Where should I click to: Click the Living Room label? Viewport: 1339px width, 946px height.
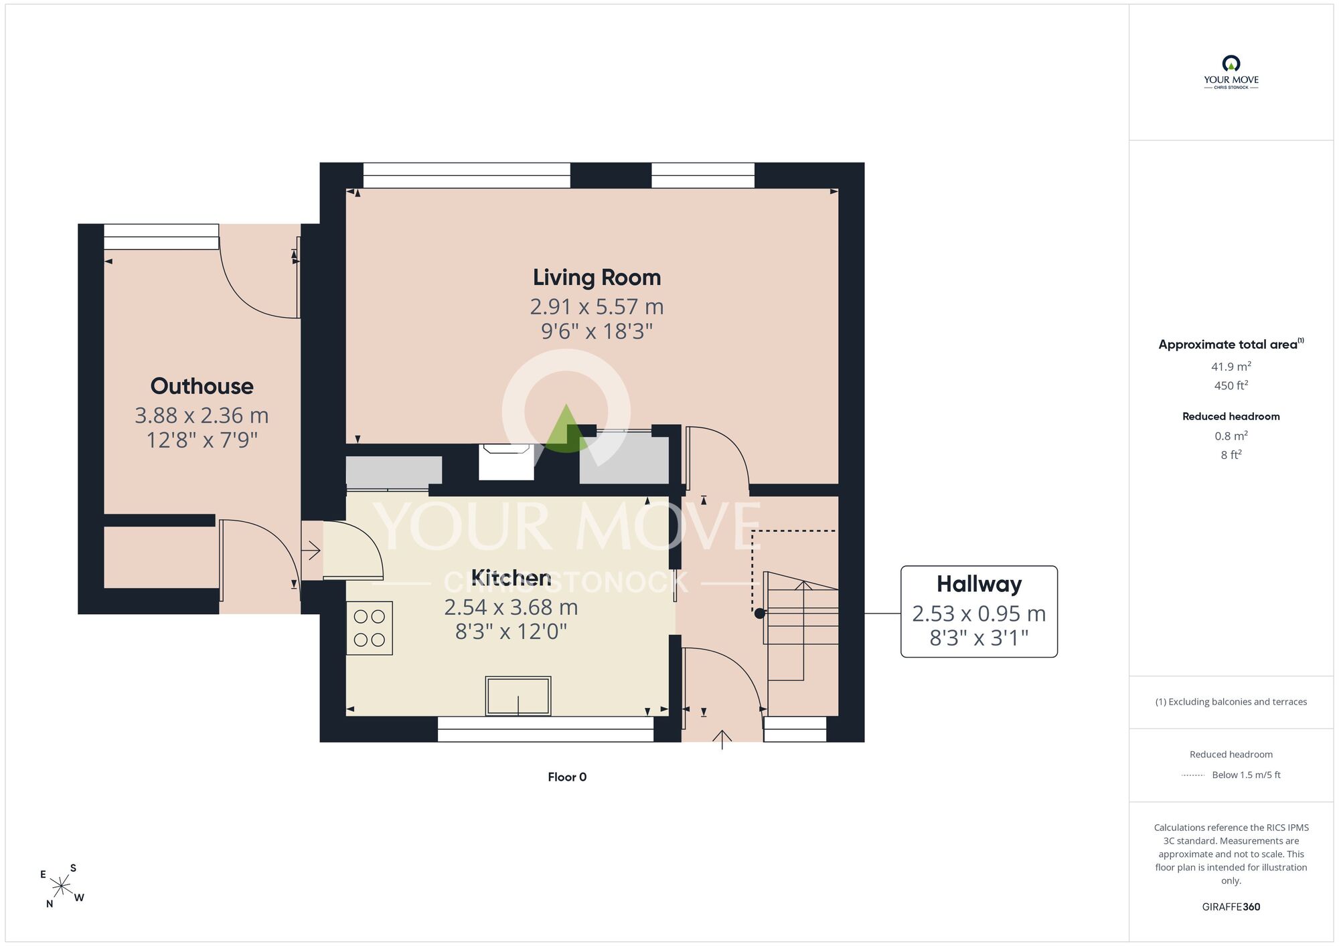[x=597, y=278]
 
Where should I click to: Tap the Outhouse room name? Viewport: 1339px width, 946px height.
[x=202, y=386]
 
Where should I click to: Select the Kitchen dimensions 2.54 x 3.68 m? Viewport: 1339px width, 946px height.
[x=511, y=607]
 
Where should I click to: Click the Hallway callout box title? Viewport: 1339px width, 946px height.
[x=979, y=585]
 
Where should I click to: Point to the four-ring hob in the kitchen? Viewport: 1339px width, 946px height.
[x=369, y=628]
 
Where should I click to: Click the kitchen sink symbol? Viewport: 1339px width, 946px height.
[x=518, y=696]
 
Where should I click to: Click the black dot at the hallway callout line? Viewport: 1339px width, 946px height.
[x=759, y=613]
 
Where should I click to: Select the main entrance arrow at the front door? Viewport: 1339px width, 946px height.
[x=722, y=740]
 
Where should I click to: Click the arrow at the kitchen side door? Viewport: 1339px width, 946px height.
[x=311, y=551]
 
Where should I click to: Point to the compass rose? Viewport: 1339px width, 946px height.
[x=62, y=886]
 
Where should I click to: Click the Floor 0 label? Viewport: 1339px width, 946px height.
[x=567, y=777]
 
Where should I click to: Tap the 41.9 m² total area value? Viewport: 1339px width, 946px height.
[x=1231, y=367]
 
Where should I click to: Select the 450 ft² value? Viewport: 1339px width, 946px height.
[x=1231, y=385]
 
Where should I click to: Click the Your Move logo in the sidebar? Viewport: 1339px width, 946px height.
[x=1231, y=72]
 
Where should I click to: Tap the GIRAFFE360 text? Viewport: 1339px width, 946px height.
[x=1231, y=907]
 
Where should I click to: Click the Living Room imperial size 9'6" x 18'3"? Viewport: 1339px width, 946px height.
[x=597, y=331]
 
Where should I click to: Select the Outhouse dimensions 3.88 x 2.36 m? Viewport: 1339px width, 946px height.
[x=202, y=415]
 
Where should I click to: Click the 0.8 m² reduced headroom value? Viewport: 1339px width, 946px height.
[x=1231, y=436]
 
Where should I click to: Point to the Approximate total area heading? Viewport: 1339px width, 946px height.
[x=1231, y=344]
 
